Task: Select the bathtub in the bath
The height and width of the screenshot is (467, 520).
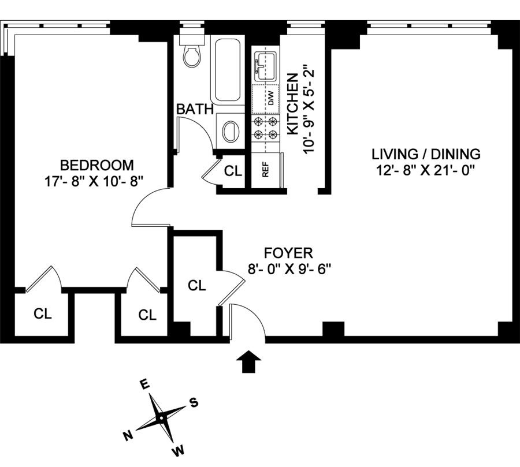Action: coord(229,69)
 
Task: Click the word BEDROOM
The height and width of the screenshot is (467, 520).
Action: coord(97,165)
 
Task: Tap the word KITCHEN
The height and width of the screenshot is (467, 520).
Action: coord(293,104)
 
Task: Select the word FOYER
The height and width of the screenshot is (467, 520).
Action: coord(288,253)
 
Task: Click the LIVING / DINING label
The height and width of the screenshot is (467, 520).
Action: coord(426,154)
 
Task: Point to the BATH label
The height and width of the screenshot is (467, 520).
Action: coord(195,109)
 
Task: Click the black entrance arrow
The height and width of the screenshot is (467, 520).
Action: coord(249,361)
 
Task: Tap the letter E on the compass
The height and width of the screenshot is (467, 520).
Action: coord(146,385)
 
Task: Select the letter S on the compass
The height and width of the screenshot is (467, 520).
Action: coord(194,403)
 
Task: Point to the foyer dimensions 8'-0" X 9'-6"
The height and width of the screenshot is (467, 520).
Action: coord(288,268)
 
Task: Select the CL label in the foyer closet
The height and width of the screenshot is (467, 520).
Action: coord(197,285)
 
